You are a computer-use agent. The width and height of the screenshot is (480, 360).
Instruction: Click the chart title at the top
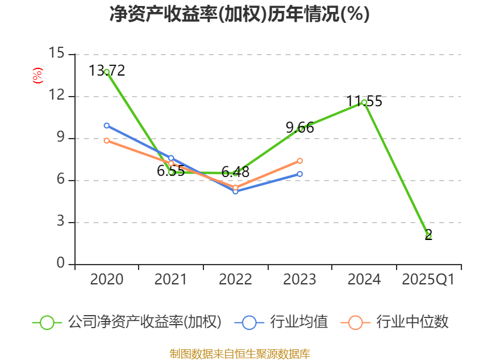click(239, 14)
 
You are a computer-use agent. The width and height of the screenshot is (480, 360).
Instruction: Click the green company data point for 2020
click(107, 72)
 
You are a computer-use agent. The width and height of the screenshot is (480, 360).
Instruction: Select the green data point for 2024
click(364, 102)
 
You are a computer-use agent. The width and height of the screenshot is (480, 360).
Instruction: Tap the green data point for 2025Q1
click(428, 236)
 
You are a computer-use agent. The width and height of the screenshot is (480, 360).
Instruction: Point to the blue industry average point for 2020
click(107, 125)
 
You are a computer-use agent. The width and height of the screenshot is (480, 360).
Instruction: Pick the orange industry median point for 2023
click(300, 161)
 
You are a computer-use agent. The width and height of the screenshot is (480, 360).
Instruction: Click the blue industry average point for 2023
click(300, 174)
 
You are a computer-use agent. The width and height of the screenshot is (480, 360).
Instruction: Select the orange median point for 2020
click(107, 140)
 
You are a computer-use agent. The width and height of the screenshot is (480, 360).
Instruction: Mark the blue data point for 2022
click(235, 191)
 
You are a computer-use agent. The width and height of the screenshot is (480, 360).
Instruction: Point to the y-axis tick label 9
click(60, 138)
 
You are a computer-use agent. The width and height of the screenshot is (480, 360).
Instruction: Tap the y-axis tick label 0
click(60, 264)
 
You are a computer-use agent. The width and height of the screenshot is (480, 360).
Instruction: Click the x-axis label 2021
click(171, 280)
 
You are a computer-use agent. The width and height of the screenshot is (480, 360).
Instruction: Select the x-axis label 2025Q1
click(428, 280)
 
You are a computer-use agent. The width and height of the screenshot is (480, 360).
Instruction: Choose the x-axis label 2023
click(300, 280)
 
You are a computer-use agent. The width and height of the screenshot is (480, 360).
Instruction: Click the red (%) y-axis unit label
click(37, 76)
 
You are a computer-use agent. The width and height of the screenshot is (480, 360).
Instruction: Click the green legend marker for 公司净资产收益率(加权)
click(47, 322)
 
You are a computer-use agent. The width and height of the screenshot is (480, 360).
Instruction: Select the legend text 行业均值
click(299, 322)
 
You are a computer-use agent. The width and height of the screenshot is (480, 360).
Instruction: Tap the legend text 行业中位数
click(412, 322)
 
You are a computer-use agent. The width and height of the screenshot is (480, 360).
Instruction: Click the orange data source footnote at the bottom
click(239, 353)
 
